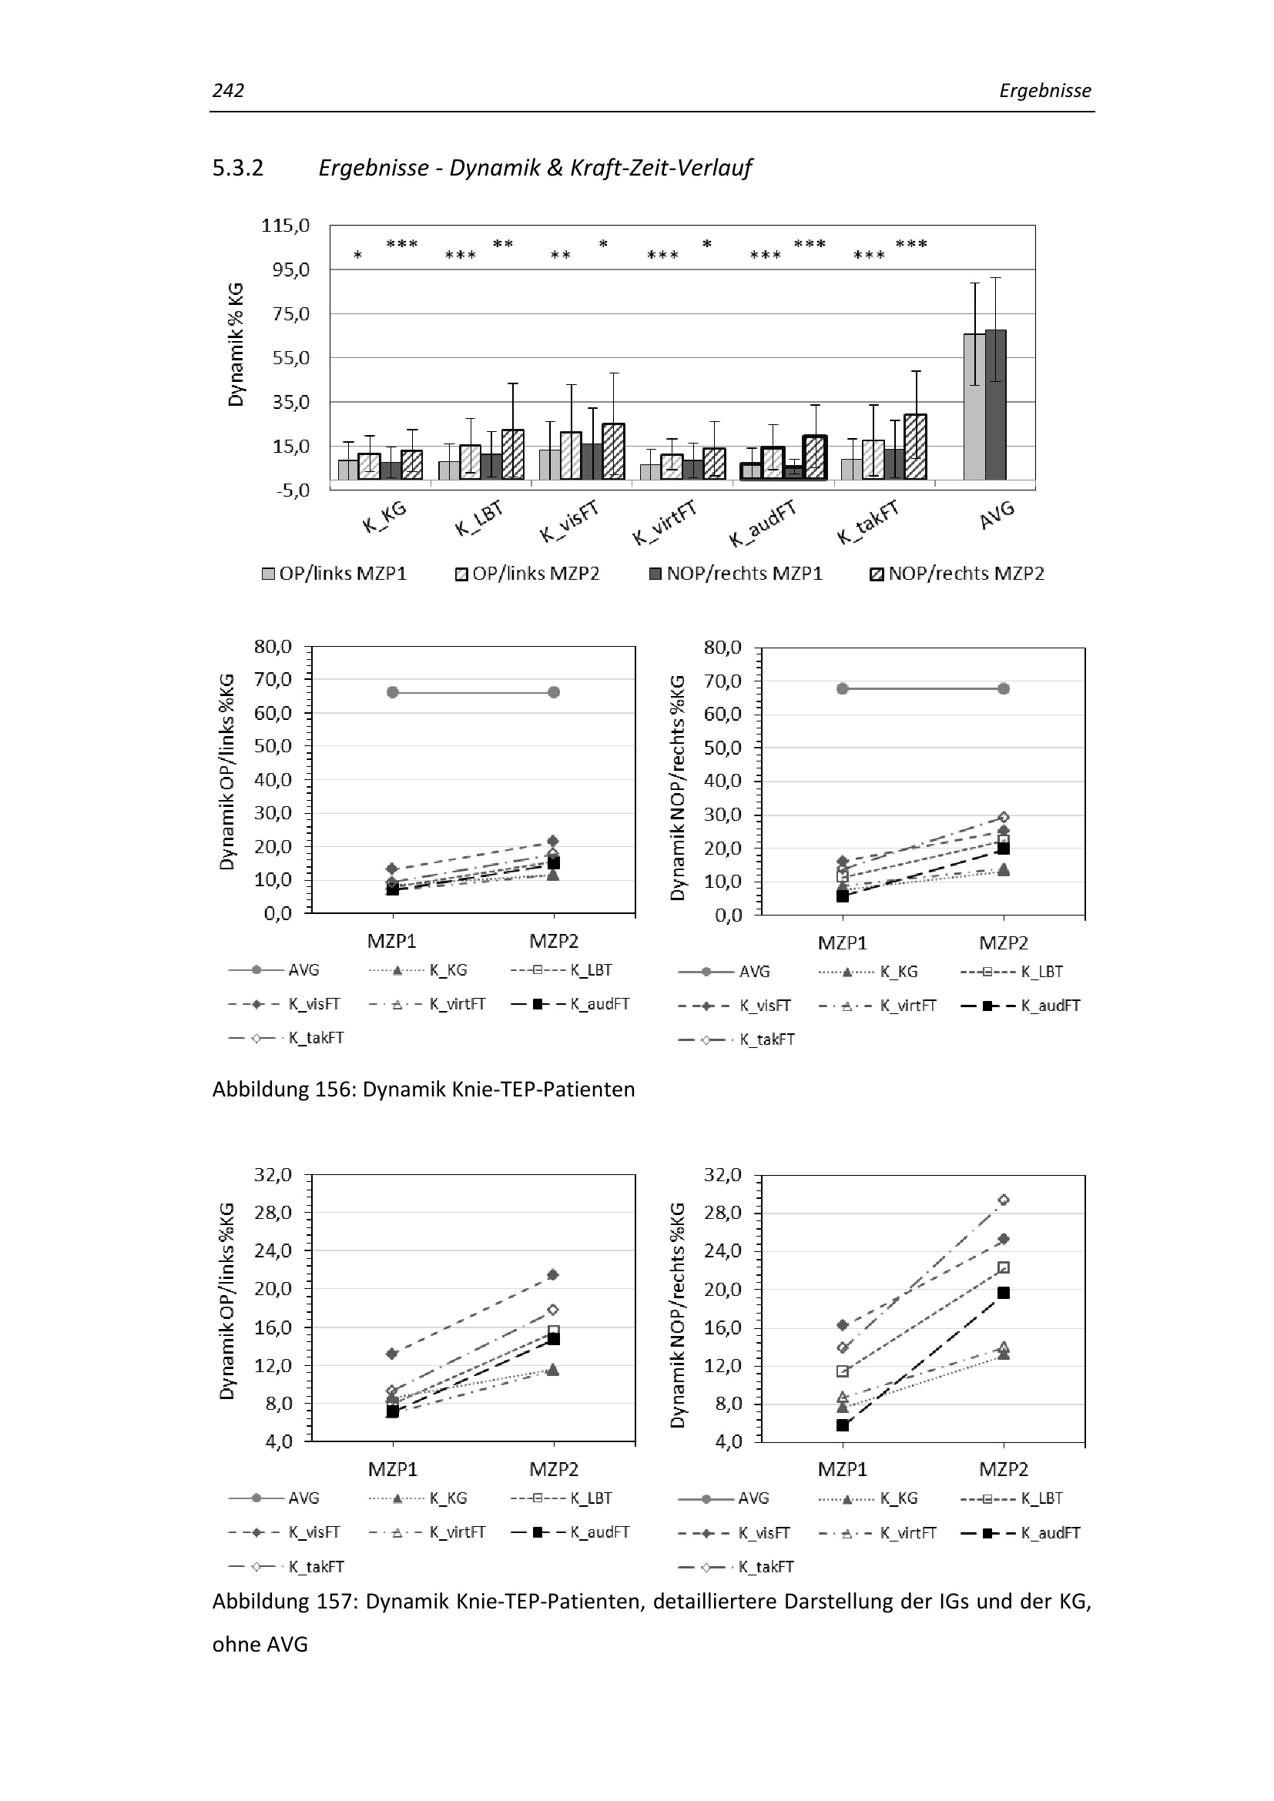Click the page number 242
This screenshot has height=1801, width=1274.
click(228, 91)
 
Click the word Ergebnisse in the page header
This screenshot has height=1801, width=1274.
click(1045, 91)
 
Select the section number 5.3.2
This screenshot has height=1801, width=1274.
click(238, 168)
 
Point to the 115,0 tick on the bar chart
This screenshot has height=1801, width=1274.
click(286, 226)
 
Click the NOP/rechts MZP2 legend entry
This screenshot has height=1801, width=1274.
click(957, 574)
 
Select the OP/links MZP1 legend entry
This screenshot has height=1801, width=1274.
click(335, 574)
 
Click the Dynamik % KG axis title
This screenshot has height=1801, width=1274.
click(236, 345)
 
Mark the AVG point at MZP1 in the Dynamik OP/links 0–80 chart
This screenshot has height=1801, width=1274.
click(393, 692)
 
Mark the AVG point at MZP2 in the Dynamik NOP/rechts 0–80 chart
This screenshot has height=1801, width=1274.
click(1004, 688)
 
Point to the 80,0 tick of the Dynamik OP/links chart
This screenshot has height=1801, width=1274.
click(273, 647)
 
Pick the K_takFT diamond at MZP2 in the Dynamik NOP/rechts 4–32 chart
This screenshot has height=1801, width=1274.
click(1004, 1200)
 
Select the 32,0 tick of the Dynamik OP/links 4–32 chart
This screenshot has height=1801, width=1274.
click(273, 1175)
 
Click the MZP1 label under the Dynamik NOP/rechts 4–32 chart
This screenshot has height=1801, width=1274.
click(843, 1469)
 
